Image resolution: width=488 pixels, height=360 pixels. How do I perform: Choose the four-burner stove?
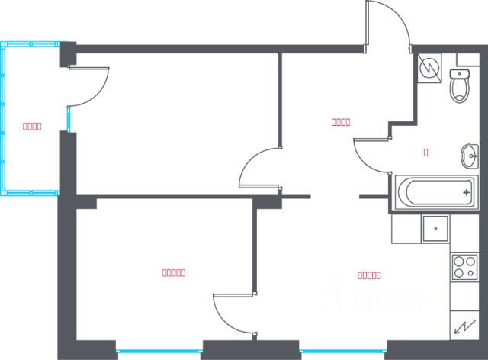point(464,266)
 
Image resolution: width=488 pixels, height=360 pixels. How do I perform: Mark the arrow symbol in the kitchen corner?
point(463,328)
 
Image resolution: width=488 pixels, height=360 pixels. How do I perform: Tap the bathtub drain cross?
point(467,192)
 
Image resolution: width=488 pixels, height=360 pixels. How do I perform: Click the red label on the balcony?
point(31,127)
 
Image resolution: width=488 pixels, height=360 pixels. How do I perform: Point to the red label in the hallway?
point(341,121)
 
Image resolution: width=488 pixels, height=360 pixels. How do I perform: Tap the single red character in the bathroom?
point(425,152)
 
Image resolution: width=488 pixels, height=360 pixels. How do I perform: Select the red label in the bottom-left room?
point(175,272)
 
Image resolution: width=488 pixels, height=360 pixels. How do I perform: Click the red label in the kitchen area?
point(369,275)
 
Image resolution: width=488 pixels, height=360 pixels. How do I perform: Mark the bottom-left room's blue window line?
point(159,351)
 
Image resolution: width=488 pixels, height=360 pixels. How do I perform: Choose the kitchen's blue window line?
point(343,351)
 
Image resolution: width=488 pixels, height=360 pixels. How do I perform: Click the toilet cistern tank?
point(459,74)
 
